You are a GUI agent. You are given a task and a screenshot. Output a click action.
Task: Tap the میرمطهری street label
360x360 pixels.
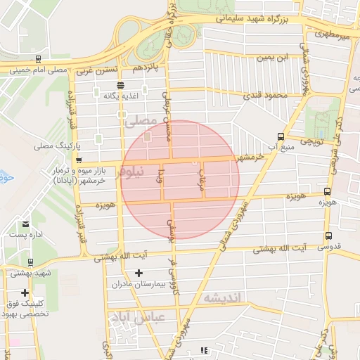pyautogui.click(x=331, y=33)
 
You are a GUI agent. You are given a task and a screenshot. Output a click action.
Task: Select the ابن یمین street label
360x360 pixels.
pyautogui.click(x=272, y=56)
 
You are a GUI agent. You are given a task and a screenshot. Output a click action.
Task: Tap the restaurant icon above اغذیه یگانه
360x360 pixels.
pyautogui.click(x=120, y=84)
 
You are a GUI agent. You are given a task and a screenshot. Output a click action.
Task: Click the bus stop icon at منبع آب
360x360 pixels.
pyautogui.click(x=281, y=136)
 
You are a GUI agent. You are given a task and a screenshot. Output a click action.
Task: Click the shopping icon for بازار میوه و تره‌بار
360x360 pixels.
pyautogui.click(x=79, y=169)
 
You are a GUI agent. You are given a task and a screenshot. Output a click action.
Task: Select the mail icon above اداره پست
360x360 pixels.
pyautogui.click(x=25, y=224)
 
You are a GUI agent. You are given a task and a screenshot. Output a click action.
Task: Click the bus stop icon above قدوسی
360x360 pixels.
pyautogui.click(x=328, y=236)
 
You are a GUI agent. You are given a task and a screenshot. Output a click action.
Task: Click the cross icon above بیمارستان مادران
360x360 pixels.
pyautogui.click(x=139, y=273)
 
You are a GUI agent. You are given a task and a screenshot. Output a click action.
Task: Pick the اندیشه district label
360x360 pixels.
pyautogui.click(x=221, y=300)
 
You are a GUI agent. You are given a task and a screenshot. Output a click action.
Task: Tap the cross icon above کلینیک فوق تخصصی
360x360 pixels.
pyautogui.click(x=25, y=292)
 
